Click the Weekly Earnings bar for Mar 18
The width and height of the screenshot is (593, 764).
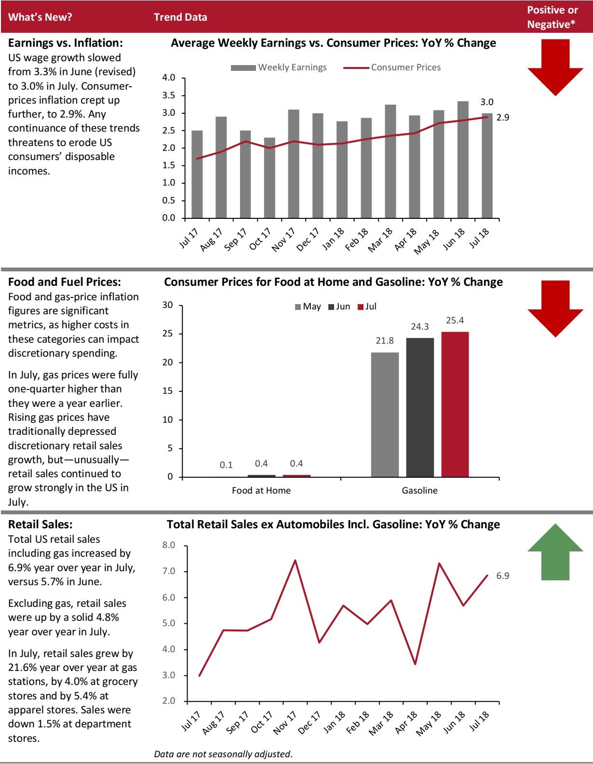(x=390, y=161)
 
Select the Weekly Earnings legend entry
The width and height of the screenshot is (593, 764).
(x=279, y=67)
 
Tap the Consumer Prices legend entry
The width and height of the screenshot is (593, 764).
(x=392, y=67)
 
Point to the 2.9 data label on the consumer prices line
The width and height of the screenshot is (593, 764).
(x=502, y=118)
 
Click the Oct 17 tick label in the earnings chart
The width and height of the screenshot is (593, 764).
(x=260, y=239)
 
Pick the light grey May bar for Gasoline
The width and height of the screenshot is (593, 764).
(x=385, y=415)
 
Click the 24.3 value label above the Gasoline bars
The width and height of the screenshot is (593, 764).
(x=419, y=327)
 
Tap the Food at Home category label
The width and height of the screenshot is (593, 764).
(x=261, y=491)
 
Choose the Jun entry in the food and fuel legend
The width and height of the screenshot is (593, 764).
(x=339, y=307)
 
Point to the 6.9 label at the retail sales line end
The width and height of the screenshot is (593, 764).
(x=502, y=576)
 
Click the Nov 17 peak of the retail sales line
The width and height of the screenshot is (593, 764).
(x=295, y=560)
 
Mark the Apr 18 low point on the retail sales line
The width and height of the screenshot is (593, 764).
(x=415, y=664)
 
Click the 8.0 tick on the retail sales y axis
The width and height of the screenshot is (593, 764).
(x=169, y=545)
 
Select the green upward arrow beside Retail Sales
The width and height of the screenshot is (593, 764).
(x=555, y=552)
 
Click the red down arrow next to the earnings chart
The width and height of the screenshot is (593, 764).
(x=555, y=67)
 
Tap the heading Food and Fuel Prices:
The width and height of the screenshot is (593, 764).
(x=65, y=282)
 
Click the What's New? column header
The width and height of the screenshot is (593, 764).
(x=40, y=17)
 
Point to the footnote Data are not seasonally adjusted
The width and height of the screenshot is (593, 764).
(x=223, y=754)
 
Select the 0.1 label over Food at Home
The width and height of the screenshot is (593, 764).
(x=226, y=465)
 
